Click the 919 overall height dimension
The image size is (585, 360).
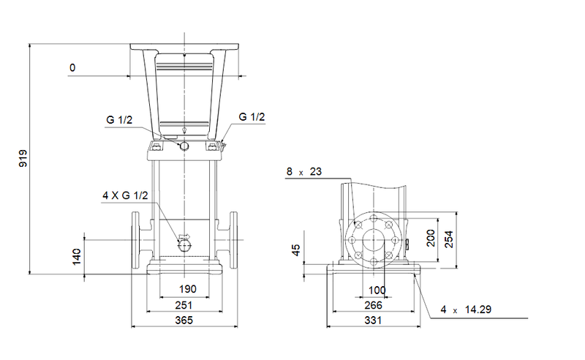point(23,160)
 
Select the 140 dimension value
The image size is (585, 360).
point(76,255)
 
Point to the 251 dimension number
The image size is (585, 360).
point(184,304)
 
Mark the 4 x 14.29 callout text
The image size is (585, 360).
point(466,310)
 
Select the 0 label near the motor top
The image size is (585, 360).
point(72,68)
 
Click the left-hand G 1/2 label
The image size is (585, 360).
point(118,120)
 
